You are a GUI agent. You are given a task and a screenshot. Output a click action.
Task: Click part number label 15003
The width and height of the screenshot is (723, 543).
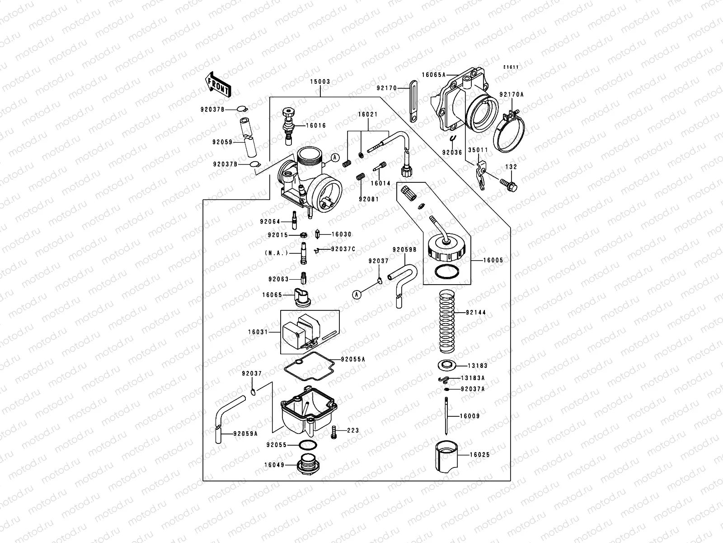320,82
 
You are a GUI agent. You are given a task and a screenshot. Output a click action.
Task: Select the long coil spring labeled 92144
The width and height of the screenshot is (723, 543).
447,322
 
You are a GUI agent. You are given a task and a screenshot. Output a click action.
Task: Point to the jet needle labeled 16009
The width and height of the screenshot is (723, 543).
446,416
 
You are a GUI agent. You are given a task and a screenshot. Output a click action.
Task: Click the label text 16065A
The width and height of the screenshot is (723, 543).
434,75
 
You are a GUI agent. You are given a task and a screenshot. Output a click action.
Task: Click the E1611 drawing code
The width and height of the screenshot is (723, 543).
512,67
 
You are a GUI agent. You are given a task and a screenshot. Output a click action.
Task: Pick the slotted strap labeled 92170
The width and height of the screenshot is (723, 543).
412,101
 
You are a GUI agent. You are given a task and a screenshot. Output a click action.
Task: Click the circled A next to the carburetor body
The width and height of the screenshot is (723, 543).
335,157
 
